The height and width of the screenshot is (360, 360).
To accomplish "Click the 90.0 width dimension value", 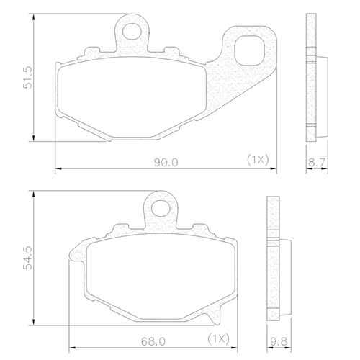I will (165, 163).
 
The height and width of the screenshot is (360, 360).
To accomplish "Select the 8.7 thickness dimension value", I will (315, 163).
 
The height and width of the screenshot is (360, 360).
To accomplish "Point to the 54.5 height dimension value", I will (28, 257).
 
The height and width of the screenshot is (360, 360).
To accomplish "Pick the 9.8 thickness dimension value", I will (276, 338).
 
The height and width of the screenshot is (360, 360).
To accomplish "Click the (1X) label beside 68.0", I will (218, 337).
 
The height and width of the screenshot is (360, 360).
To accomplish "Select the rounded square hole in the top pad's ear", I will (250, 52).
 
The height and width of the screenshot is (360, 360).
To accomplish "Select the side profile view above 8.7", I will (314, 79).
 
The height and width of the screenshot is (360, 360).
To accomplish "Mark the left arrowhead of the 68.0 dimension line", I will (70, 346).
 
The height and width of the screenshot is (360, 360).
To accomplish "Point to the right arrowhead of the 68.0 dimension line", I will (238, 346).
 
